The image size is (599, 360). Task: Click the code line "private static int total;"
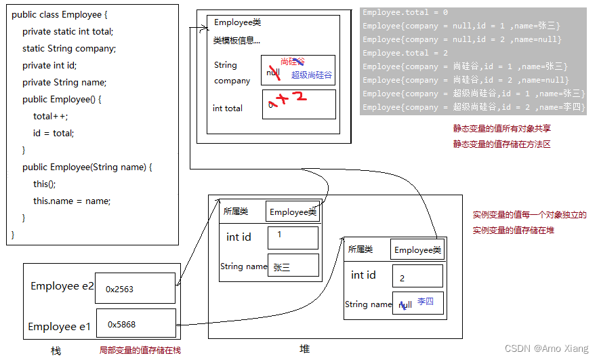click(68, 31)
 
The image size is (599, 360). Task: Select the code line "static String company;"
click(69, 48)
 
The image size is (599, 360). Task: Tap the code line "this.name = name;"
click(72, 201)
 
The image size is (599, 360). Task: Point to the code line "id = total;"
click(54, 133)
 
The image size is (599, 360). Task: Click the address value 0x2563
click(120, 289)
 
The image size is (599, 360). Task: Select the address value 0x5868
click(122, 324)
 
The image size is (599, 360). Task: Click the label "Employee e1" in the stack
click(60, 327)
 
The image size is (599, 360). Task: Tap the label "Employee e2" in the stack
click(62, 286)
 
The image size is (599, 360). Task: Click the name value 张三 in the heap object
click(282, 267)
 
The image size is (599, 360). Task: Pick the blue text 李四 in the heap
click(426, 301)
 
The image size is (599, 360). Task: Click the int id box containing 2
click(417, 277)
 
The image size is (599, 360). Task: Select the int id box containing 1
click(293, 238)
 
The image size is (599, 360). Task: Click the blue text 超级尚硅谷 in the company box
click(312, 75)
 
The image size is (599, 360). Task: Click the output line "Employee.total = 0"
click(405, 12)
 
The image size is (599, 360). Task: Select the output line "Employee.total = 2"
click(405, 53)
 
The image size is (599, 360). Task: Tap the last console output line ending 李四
click(474, 107)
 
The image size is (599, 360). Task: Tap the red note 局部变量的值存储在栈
click(140, 351)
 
